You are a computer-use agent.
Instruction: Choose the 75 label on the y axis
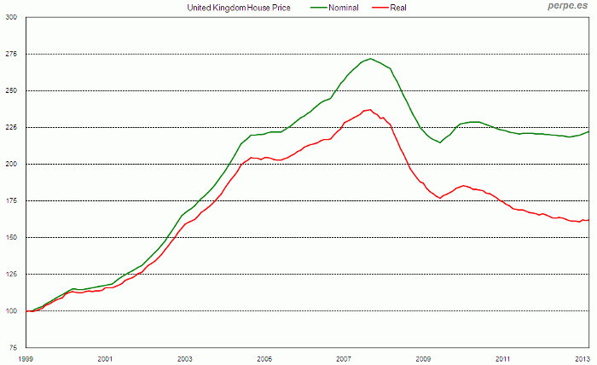pos(13,348)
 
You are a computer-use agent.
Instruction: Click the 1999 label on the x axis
pos(26,359)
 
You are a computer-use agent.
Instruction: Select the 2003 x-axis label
pos(185,359)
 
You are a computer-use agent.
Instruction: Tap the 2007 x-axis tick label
pos(344,359)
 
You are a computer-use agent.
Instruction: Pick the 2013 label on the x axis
pos(583,359)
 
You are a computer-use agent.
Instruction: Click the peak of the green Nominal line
pos(370,59)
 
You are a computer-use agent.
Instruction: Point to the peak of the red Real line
pos(369,109)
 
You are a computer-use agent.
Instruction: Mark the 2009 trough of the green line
pos(440,142)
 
